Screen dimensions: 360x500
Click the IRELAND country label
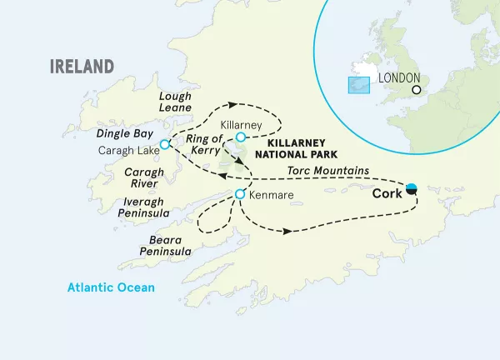[x=81, y=67]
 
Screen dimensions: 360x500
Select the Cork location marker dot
[x=411, y=188]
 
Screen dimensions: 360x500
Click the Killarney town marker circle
[x=240, y=137]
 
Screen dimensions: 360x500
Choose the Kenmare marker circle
[x=240, y=194]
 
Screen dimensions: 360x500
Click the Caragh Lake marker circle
[x=165, y=144]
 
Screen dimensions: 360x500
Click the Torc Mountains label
[x=327, y=171]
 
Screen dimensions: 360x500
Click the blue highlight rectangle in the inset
[x=358, y=86]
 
